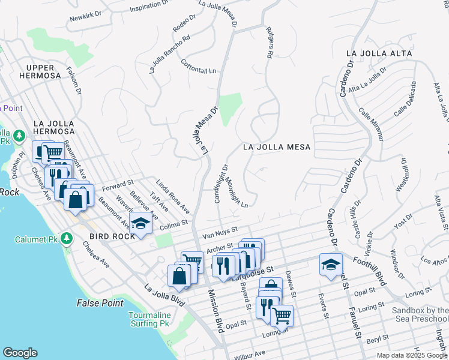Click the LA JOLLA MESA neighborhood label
(277, 147)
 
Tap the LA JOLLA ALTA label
(379, 53)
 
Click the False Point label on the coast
(100, 303)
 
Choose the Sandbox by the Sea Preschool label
(420, 315)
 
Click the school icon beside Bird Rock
(140, 224)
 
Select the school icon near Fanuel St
(331, 265)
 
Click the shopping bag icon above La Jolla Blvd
(179, 277)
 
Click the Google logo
(20, 353)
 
